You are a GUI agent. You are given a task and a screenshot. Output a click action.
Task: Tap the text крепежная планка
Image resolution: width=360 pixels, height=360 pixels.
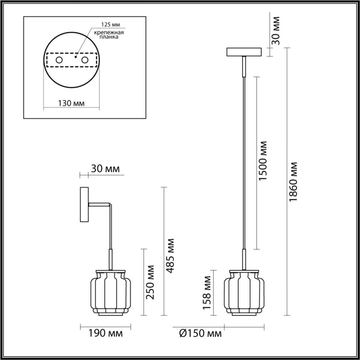109,36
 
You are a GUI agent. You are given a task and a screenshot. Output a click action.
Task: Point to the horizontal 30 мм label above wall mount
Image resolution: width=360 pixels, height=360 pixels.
105,169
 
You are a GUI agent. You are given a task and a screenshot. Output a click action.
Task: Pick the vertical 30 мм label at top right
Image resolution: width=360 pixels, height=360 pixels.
276,31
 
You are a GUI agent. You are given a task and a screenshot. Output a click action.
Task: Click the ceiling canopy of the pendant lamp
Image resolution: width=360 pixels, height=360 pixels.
243,52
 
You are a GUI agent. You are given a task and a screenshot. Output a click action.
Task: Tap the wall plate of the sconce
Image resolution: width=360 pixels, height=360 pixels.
84,206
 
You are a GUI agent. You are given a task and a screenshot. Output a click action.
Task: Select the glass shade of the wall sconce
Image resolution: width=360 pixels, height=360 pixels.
110,292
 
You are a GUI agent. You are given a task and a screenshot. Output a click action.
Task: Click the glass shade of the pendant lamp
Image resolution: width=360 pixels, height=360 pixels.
243,292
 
